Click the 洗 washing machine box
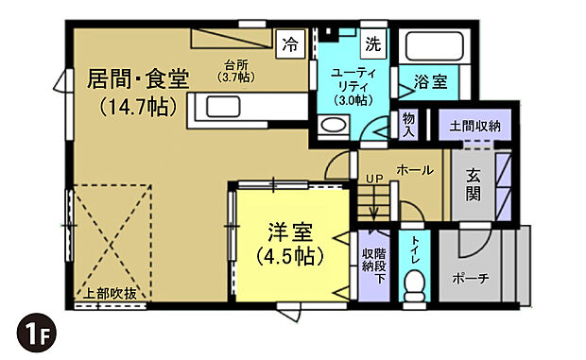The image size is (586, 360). click(x=373, y=43)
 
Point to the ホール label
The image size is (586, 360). click(x=414, y=170)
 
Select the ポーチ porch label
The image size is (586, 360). click(x=471, y=280)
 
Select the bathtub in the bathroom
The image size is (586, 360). click(x=431, y=46)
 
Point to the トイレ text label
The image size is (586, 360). click(x=414, y=248)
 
